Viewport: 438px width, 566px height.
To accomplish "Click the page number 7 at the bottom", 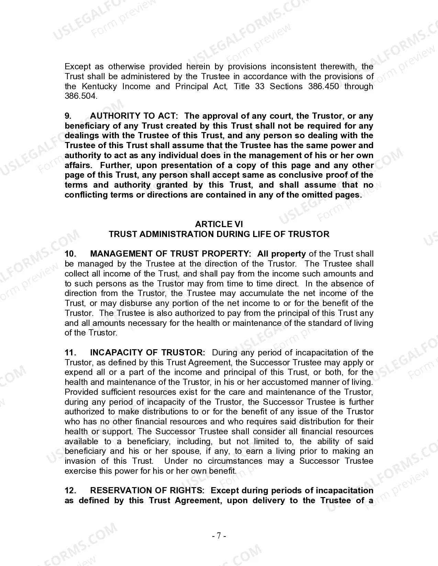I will (x=219, y=536).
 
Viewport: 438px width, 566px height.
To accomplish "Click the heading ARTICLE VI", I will (x=219, y=224).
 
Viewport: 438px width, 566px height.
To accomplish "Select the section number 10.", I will (x=70, y=254).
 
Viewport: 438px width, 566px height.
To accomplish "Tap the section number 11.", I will (x=70, y=353).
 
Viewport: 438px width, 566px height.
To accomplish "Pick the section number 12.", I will (x=70, y=491).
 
